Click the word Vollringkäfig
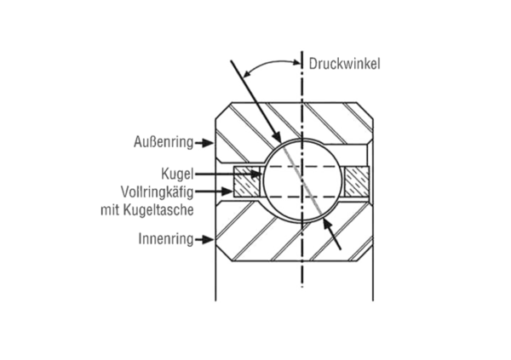(157, 189)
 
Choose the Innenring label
(165, 239)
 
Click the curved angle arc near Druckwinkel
(264, 65)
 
